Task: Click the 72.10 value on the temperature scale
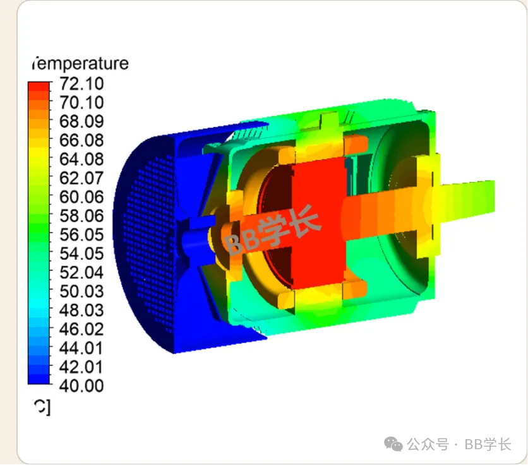click(x=81, y=83)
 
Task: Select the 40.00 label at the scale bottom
click(x=81, y=386)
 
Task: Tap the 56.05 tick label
click(x=81, y=235)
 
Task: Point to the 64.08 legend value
click(x=81, y=159)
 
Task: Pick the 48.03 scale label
click(x=81, y=310)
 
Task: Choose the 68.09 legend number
click(x=81, y=121)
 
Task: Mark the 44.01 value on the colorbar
click(x=81, y=348)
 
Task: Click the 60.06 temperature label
click(x=81, y=197)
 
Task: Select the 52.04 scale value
click(x=81, y=272)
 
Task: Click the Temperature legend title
click(x=80, y=63)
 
